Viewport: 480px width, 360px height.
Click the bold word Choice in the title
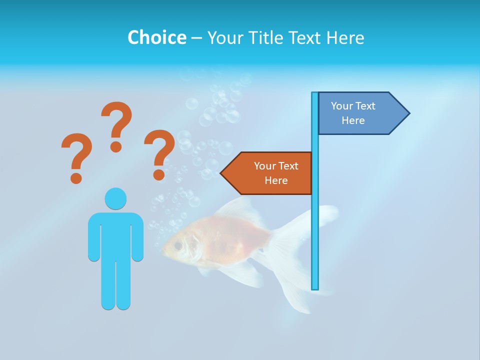click(156, 37)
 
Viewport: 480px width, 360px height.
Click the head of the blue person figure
click(115, 199)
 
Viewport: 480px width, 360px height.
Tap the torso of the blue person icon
click(115, 235)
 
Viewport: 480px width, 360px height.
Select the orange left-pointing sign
click(270, 173)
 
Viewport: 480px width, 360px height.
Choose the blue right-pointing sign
click(357, 113)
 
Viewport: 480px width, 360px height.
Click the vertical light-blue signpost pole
click(315, 225)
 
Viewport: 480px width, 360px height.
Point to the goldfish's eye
click(178, 245)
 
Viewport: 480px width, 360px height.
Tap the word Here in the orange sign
click(276, 180)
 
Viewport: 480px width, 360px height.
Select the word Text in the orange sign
click(287, 166)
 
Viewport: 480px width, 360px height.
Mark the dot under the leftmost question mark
click(76, 177)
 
